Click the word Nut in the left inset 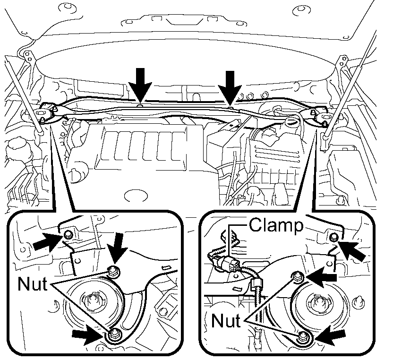tap(32, 285)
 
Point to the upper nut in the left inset tap(113, 271)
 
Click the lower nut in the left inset tap(113, 335)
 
